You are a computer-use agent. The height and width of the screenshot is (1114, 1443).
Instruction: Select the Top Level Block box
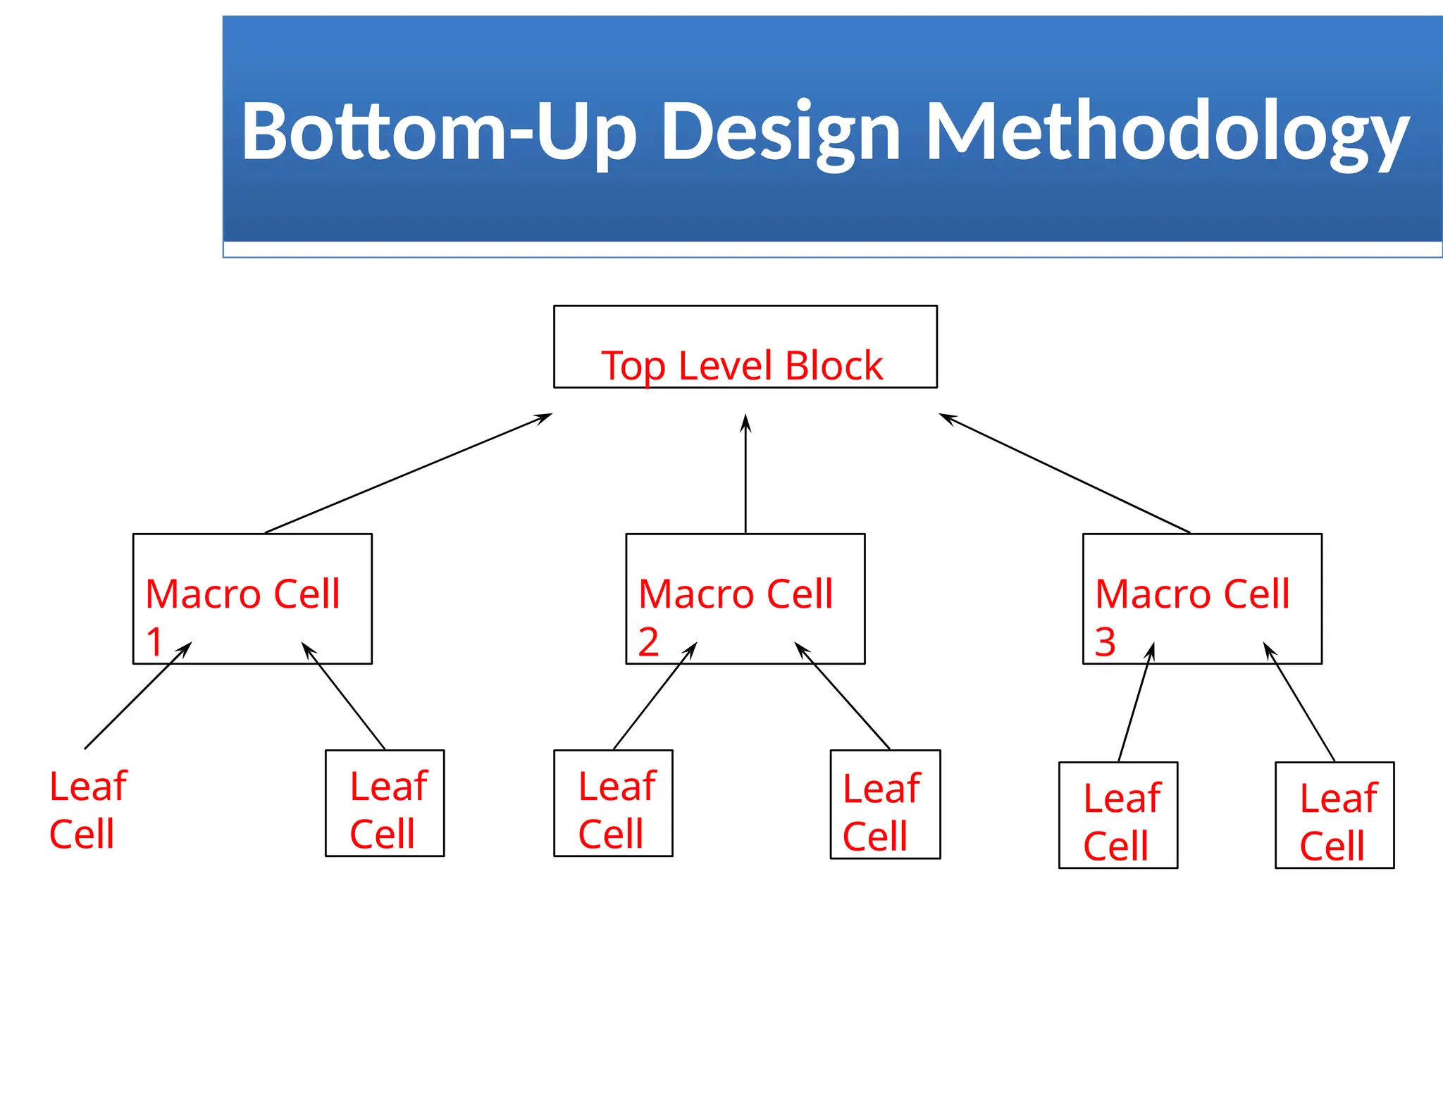[745, 346]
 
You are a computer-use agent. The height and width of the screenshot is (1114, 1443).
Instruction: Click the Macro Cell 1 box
[252, 598]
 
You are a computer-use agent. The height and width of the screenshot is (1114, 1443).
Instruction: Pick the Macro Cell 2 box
[745, 598]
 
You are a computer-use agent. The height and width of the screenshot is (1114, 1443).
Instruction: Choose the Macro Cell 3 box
[1201, 598]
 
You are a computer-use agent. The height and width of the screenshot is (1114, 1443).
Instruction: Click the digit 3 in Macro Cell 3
[1105, 642]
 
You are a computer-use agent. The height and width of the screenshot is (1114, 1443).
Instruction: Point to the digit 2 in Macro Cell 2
[648, 642]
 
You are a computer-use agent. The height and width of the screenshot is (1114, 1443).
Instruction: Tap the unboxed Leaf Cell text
[87, 810]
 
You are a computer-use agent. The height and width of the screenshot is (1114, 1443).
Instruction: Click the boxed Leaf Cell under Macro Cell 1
[385, 803]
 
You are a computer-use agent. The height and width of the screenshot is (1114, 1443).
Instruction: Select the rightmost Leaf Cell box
[1334, 815]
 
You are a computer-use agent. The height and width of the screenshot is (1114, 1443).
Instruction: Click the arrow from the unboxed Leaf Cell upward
[137, 696]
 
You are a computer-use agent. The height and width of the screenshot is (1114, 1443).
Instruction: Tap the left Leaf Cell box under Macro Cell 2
[613, 803]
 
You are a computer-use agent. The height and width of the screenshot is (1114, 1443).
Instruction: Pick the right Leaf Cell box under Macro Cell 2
[885, 804]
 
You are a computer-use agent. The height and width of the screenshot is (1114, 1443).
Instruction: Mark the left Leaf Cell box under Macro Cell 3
[1117, 815]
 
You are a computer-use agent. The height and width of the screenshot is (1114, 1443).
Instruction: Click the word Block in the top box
[834, 365]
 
